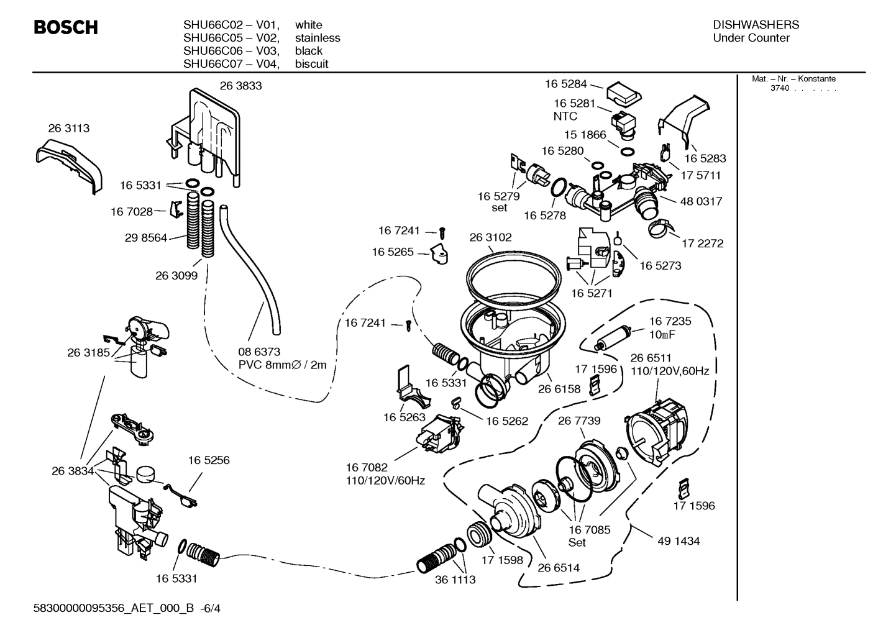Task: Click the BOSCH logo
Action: [x=65, y=28]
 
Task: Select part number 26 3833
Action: [x=240, y=86]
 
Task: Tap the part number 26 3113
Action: [x=68, y=128]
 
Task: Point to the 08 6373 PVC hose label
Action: [x=282, y=358]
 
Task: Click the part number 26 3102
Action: [x=490, y=237]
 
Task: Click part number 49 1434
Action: [x=679, y=541]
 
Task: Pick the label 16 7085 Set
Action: [x=589, y=535]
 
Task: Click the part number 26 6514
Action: [x=559, y=567]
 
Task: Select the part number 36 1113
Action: [x=455, y=580]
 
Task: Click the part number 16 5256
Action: [x=208, y=460]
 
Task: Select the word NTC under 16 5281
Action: [x=565, y=116]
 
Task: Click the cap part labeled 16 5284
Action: [x=623, y=93]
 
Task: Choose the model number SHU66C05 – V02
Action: [x=231, y=38]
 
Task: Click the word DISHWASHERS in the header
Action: [x=756, y=25]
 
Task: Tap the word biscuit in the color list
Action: [x=311, y=64]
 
